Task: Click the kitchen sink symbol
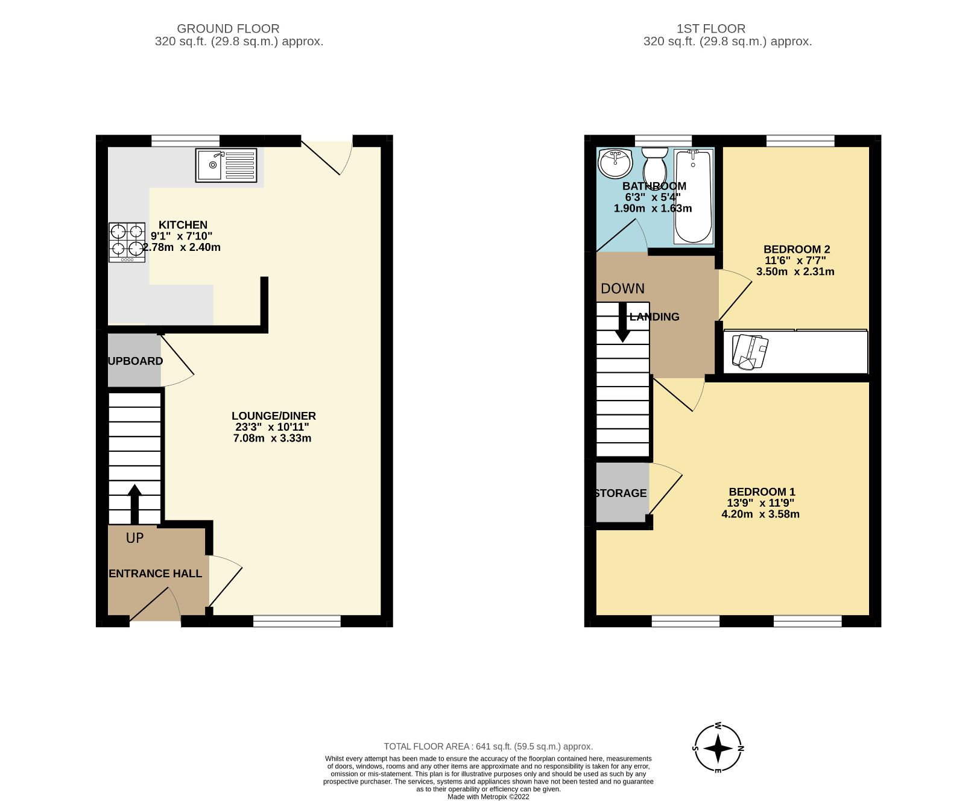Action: (226, 165)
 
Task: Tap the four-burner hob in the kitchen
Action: (127, 242)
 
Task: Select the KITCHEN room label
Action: (183, 225)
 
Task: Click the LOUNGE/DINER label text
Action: (274, 416)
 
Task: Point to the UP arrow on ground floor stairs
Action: (134, 504)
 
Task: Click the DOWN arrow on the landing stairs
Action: (622, 323)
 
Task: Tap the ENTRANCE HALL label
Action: (156, 574)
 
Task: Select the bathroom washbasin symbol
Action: (615, 163)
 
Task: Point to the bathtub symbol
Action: (693, 196)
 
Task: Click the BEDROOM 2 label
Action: (797, 249)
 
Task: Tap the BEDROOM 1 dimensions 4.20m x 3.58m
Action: (760, 514)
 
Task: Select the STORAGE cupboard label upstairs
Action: (621, 493)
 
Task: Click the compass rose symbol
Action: (718, 749)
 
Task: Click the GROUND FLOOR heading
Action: (228, 28)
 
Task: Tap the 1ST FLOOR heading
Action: (710, 28)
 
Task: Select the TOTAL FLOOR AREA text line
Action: (488, 746)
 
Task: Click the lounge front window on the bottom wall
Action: (297, 621)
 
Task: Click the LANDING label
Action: (654, 317)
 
